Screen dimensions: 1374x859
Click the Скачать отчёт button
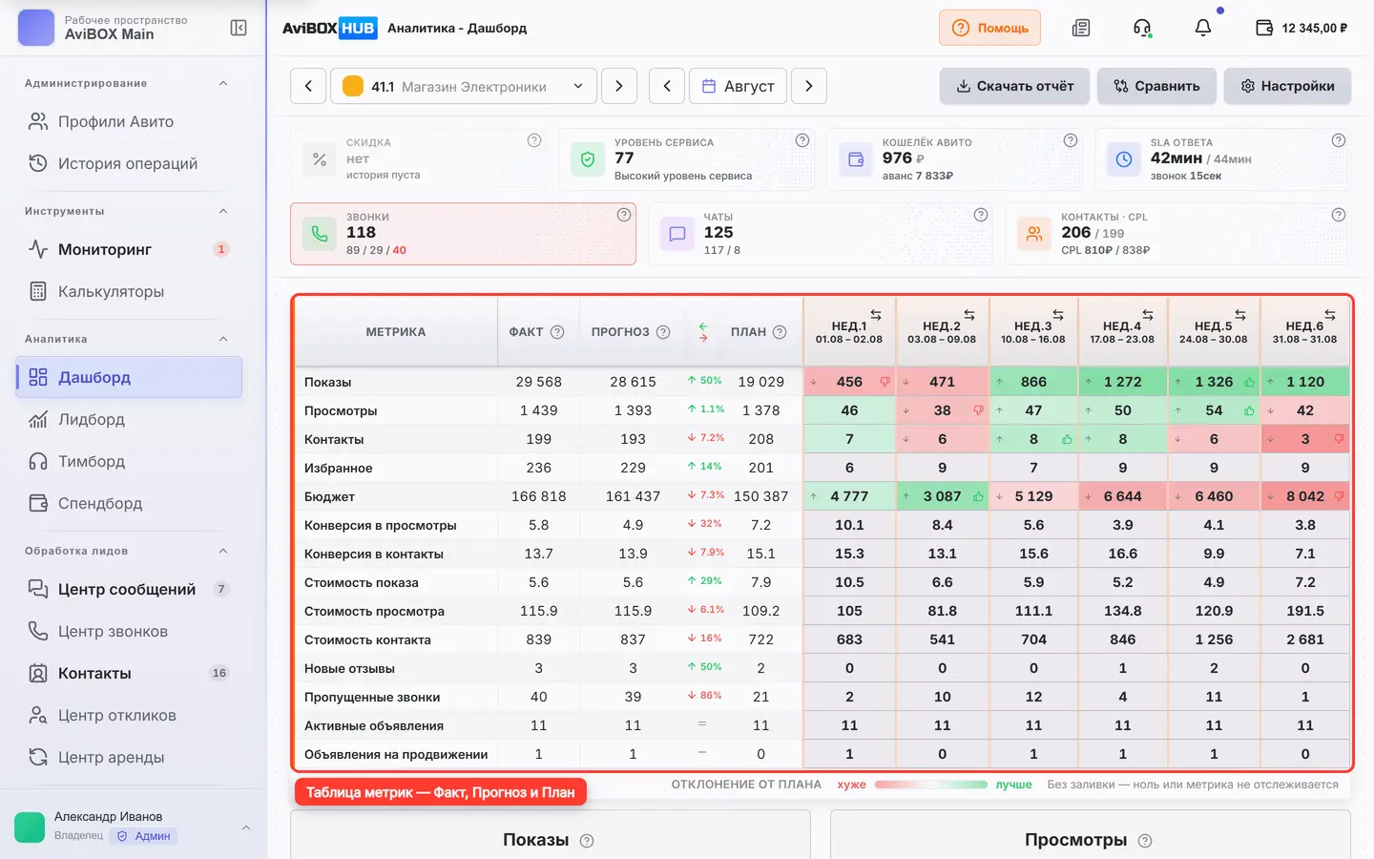coord(1014,86)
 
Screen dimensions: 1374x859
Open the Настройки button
coord(1287,86)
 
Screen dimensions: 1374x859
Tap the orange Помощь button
coord(989,28)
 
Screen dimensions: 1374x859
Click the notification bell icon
coord(1203,28)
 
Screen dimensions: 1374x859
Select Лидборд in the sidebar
coord(91,419)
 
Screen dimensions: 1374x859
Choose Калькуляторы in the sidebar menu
coord(111,291)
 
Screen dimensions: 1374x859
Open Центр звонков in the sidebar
coord(113,632)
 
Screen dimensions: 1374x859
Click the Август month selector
coord(738,86)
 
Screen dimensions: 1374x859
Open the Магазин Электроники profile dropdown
coord(463,86)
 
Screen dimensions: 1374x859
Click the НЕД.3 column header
coord(1033,331)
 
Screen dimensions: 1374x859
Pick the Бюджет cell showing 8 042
coord(1305,496)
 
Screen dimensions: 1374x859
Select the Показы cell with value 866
coord(1033,382)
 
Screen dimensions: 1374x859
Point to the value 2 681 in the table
coord(1305,639)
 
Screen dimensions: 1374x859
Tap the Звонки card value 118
coord(361,233)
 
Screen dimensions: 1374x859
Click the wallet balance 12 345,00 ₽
coord(1315,29)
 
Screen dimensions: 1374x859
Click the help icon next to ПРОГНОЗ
coord(663,332)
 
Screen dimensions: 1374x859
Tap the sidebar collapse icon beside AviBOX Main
coord(238,28)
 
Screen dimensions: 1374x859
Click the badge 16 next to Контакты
coord(219,673)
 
